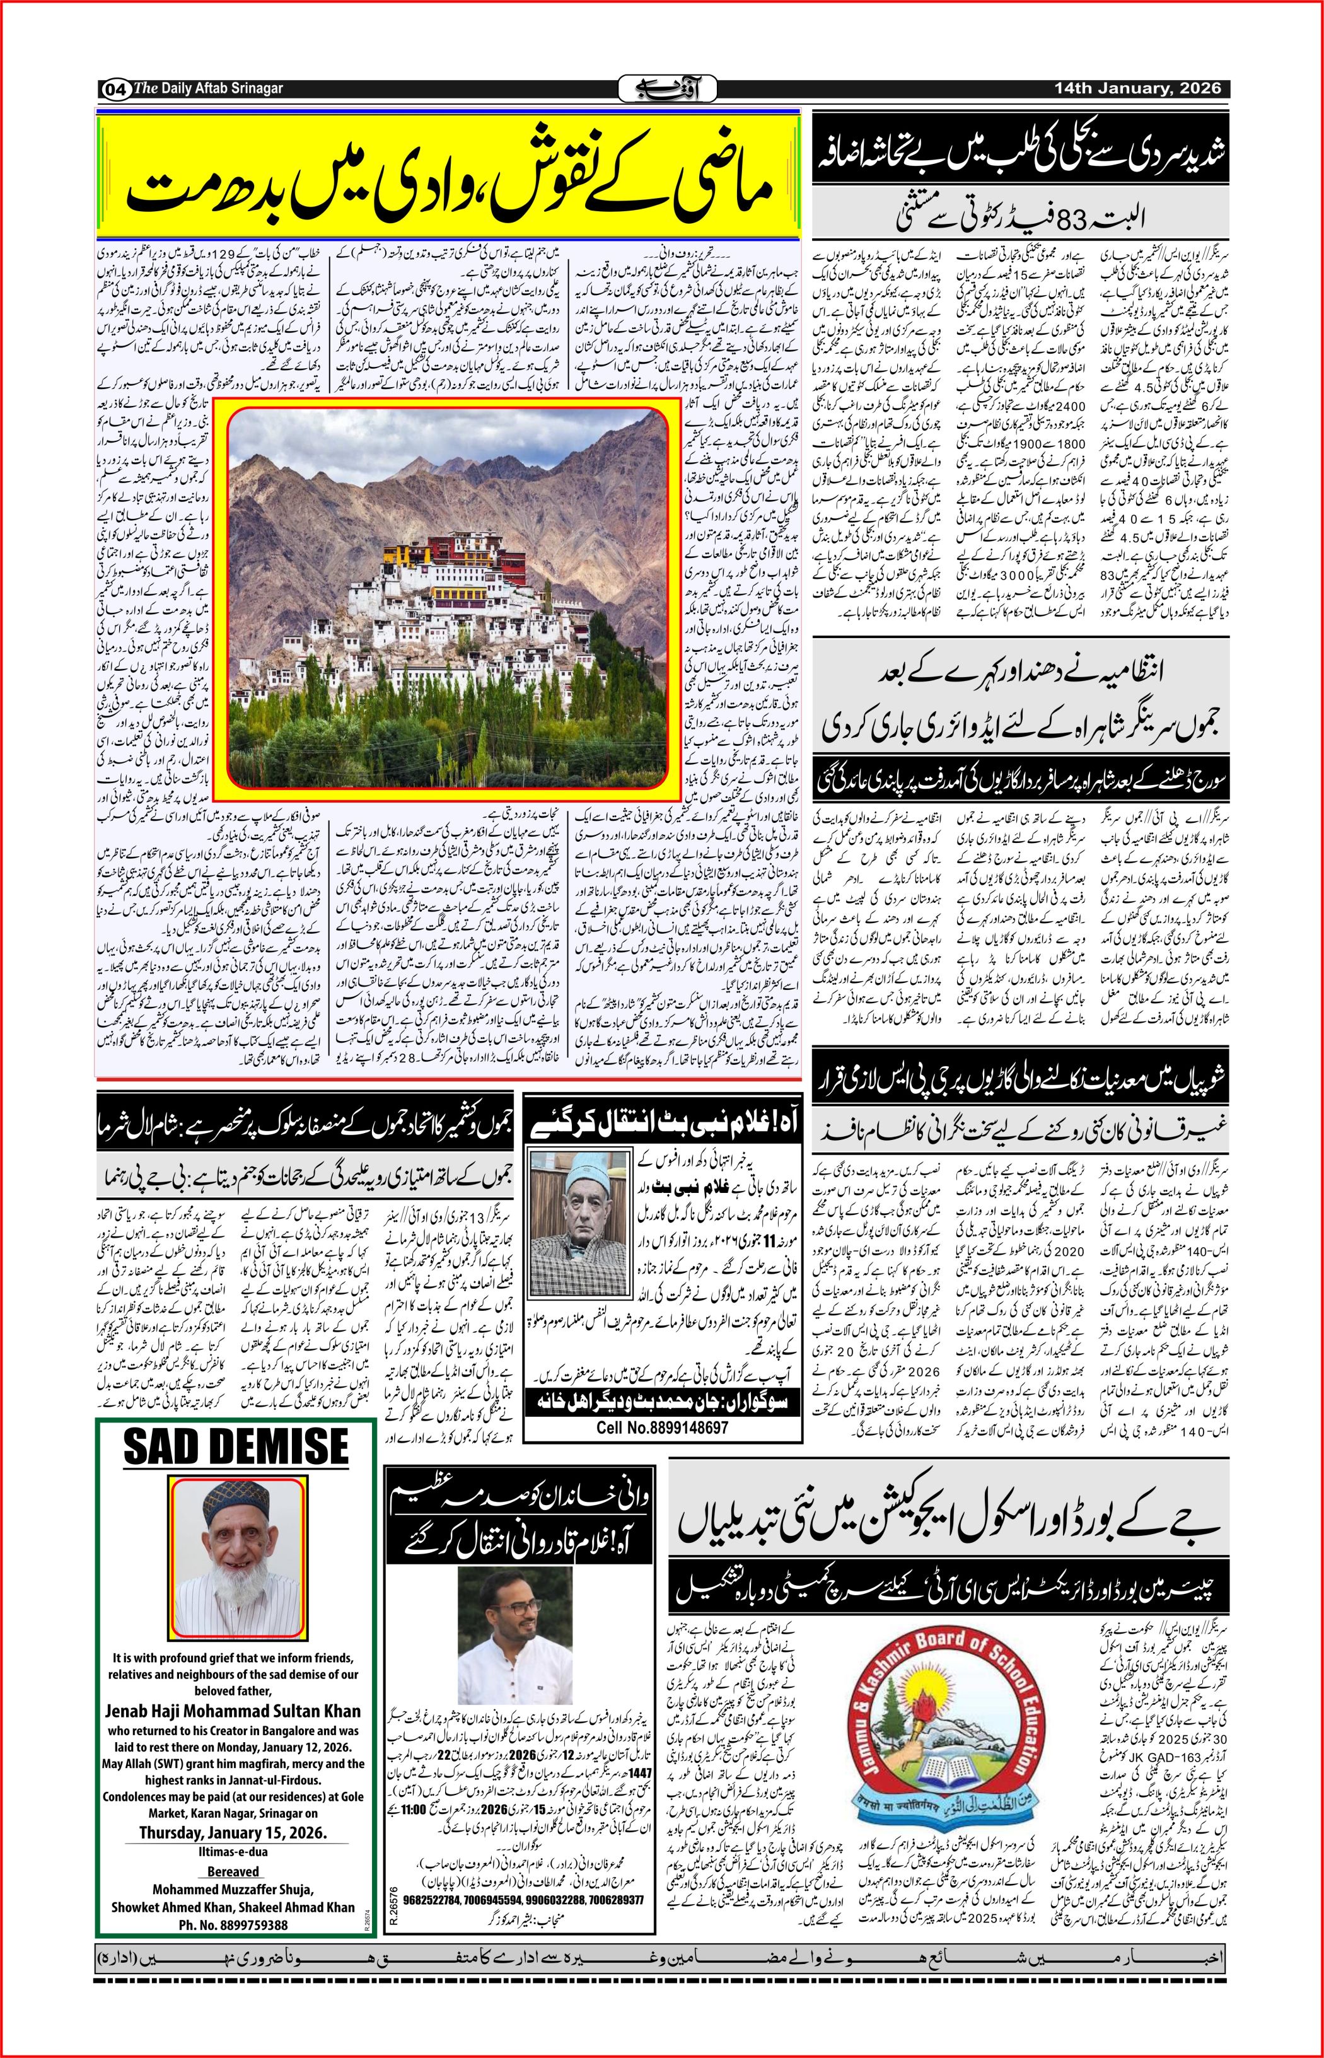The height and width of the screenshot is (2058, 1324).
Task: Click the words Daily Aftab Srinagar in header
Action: [x=220, y=88]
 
